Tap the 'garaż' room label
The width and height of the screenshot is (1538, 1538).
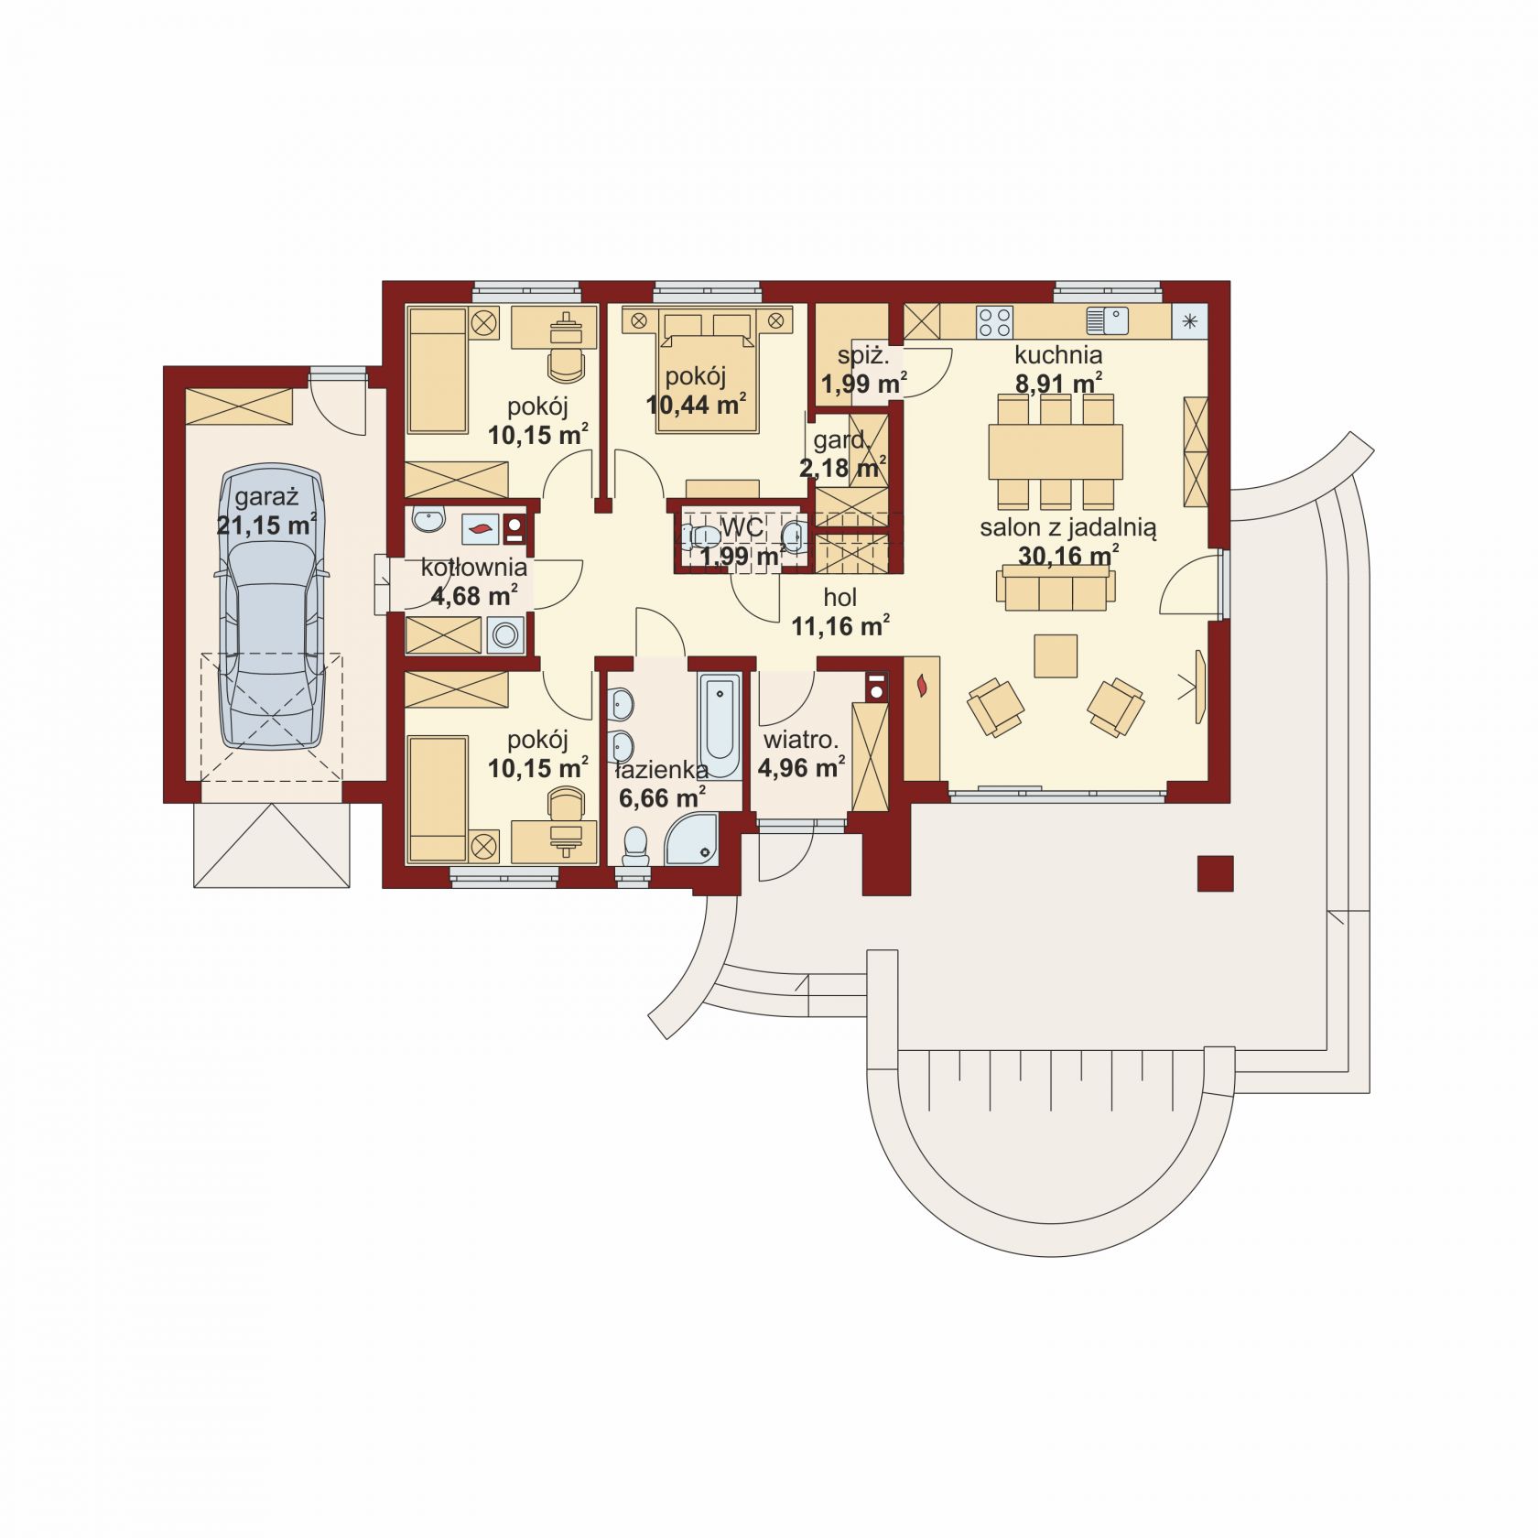coord(267,498)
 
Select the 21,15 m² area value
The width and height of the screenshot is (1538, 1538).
coord(266,525)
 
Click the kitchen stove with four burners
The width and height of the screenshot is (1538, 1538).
coord(995,320)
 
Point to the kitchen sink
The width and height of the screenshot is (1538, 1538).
coord(1106,320)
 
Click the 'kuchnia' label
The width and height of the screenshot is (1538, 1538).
coord(1057,354)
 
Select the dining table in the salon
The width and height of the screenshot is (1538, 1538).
coord(1056,451)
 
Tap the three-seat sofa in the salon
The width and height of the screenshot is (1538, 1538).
coord(1056,587)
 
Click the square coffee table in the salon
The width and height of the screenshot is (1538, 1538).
coord(1056,655)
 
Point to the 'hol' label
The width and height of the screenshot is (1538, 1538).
coord(839,598)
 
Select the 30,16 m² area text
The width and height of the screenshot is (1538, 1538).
coord(1068,556)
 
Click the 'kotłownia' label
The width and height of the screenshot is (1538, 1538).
coord(473,569)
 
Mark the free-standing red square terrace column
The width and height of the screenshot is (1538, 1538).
coord(1215,873)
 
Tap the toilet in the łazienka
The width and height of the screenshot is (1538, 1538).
coord(634,846)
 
